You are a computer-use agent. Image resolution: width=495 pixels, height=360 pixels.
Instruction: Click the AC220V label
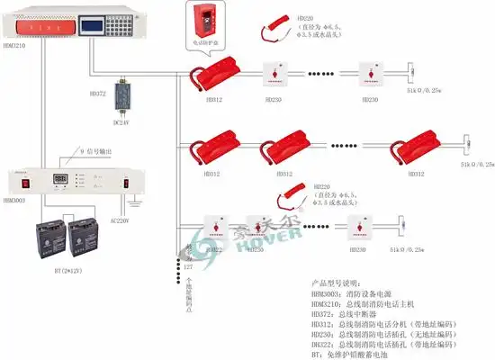(121, 220)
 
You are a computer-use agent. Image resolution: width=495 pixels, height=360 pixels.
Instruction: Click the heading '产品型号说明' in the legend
(338, 282)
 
